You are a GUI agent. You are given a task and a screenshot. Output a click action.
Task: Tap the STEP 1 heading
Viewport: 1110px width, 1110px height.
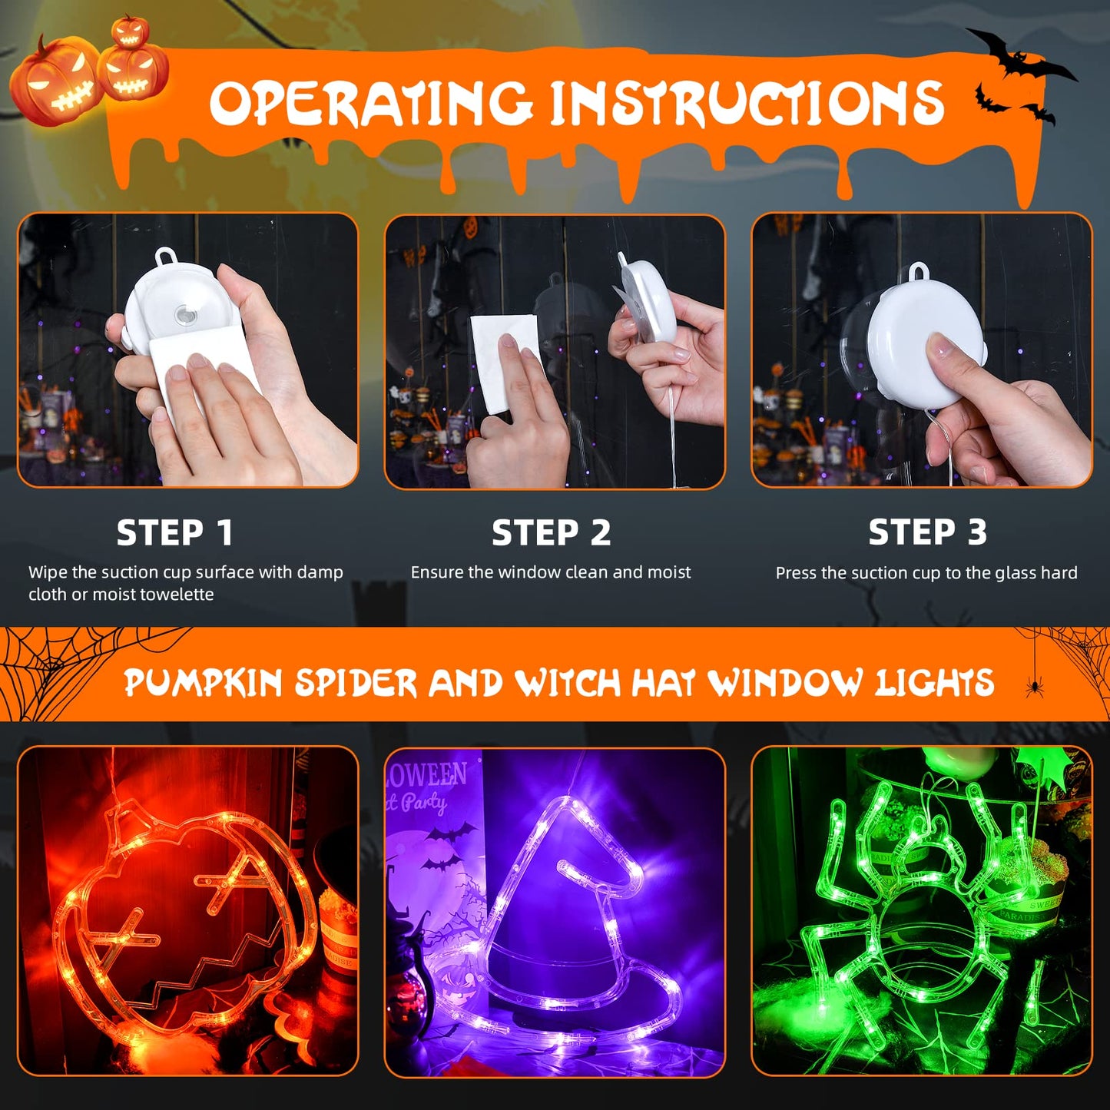click(174, 532)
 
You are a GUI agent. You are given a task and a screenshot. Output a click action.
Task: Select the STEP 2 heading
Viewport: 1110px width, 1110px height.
click(551, 532)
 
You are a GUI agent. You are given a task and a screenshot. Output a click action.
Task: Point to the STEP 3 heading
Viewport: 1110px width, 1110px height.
click(926, 532)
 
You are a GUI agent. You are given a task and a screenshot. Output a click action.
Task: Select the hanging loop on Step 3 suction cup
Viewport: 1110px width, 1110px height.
click(918, 272)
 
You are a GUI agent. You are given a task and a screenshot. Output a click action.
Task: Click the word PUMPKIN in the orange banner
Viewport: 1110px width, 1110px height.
click(203, 683)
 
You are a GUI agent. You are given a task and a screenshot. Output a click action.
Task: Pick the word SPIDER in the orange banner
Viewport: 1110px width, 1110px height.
click(355, 683)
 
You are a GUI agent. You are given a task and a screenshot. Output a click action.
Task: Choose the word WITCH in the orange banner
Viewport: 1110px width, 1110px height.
click(566, 683)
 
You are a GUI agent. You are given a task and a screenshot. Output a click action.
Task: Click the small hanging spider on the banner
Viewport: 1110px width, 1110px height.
click(1034, 686)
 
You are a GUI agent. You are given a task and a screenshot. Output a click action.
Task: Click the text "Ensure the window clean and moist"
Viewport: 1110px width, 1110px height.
click(551, 572)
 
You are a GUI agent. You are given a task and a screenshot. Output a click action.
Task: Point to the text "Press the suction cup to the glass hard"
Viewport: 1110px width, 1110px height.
click(926, 573)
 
